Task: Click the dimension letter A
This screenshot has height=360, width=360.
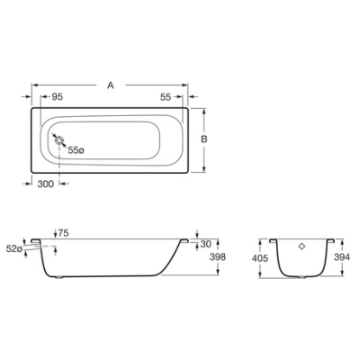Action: [x=110, y=85]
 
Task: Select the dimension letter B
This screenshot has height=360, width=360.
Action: [x=205, y=139]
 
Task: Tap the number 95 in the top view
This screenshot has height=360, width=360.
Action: [x=57, y=96]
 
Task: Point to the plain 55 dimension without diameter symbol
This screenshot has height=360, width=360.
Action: [x=166, y=96]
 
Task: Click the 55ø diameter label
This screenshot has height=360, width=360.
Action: [x=76, y=149]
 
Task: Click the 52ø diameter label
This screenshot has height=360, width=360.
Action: [x=13, y=247]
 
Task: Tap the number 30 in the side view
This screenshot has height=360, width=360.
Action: [x=206, y=243]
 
